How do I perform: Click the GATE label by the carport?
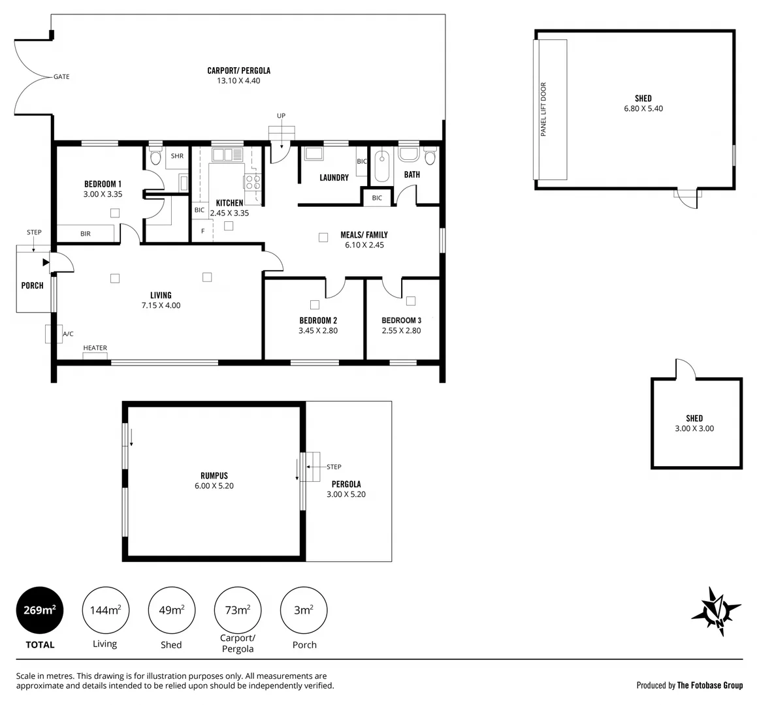pos(61,77)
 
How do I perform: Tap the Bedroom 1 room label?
pos(103,184)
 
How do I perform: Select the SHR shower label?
pos(177,157)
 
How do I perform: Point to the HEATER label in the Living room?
pos(95,348)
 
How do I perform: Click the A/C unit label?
pos(68,334)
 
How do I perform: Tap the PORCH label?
pos(33,285)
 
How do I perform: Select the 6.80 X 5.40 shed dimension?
pos(643,109)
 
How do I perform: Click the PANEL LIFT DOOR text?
pos(543,109)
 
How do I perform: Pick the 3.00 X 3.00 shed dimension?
pos(694,429)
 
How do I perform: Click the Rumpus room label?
pos(214,476)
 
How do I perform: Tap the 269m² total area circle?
pos(40,610)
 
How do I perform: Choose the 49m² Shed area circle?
pos(171,610)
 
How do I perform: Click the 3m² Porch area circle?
pos(304,610)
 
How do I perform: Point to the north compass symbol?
pos(717,611)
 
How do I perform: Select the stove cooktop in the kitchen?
pos(253,182)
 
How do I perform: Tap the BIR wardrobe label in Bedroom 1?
pos(86,234)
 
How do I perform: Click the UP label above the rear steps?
pos(281,116)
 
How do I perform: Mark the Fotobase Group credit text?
pos(690,685)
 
